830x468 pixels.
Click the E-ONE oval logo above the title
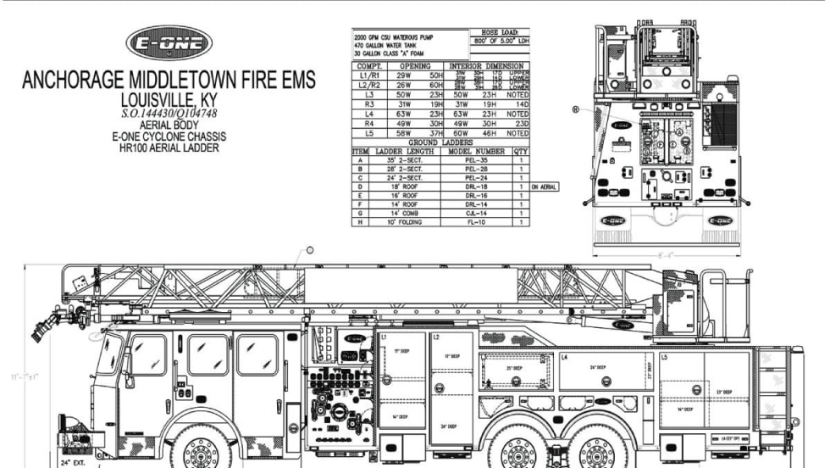tap(169, 43)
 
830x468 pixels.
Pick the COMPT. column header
tap(370, 65)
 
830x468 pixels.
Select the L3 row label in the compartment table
tap(369, 93)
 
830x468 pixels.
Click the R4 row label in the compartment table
tap(369, 123)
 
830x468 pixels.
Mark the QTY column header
tap(520, 150)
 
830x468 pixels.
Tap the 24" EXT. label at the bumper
tap(74, 462)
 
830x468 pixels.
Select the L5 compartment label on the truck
tap(664, 358)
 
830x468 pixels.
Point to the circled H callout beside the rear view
tap(576, 109)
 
